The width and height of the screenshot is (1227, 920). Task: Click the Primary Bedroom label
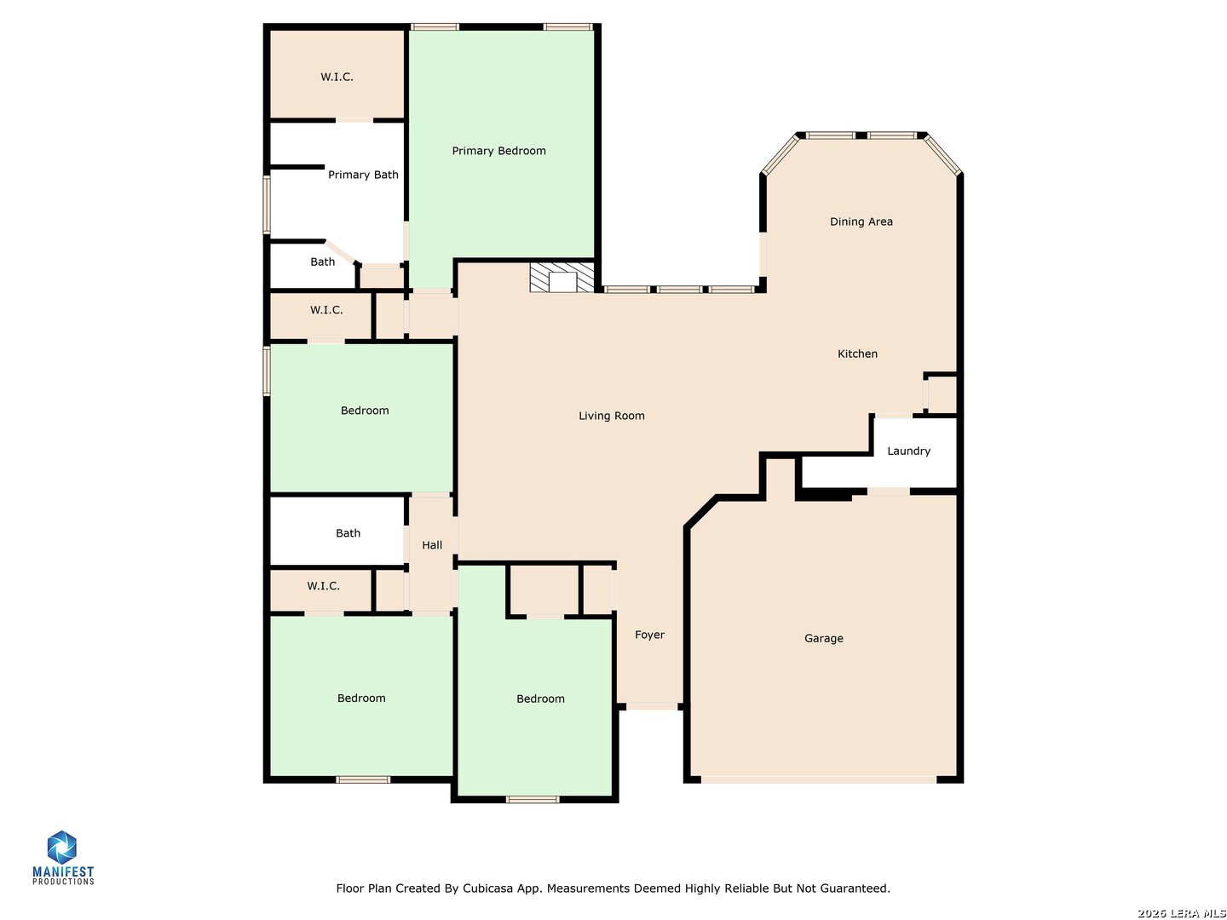pos(498,151)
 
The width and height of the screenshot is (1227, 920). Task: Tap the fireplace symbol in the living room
pos(562,277)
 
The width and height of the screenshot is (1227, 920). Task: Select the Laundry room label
pos(908,451)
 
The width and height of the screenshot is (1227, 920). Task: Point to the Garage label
pos(823,638)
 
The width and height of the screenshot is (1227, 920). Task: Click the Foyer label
pos(649,635)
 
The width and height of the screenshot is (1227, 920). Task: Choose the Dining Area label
pos(861,221)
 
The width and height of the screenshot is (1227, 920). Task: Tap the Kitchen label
pos(857,354)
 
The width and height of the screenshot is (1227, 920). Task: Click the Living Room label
pos(612,416)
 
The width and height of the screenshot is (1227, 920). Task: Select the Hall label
pos(432,545)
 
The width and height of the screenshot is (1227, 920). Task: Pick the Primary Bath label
pos(363,175)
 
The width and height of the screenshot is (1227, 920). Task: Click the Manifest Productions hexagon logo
pos(61,847)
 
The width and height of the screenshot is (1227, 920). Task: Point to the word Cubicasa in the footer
pos(486,888)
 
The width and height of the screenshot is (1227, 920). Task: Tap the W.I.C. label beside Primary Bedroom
pos(337,77)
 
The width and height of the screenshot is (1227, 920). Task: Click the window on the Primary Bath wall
pos(268,204)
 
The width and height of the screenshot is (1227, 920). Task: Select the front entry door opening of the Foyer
pos(651,707)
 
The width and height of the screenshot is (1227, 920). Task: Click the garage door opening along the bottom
pos(819,779)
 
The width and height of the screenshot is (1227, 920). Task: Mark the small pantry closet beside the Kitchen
pos(942,395)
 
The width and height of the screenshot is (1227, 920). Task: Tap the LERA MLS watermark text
pos(1181,912)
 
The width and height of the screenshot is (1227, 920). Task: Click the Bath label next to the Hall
pos(348,533)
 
